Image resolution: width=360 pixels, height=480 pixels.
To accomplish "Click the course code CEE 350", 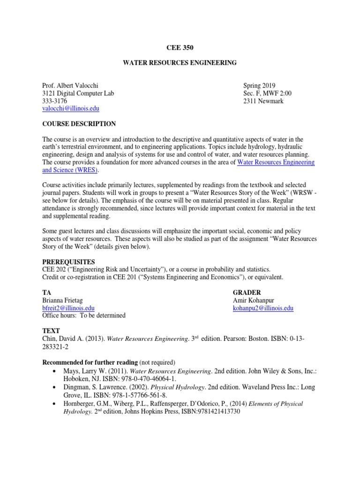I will point(180,47).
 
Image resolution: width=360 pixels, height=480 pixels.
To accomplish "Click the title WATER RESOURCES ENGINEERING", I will point(180,63).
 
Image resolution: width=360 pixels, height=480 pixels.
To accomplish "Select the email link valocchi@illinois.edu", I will point(71,108).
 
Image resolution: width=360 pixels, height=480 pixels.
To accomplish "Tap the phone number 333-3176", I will point(55,101).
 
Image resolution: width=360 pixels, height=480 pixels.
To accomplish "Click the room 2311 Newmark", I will point(263,101).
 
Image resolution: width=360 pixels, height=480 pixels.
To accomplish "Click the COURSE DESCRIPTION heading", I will point(79,124).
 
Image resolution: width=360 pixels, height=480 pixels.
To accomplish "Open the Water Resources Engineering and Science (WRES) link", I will point(276,162).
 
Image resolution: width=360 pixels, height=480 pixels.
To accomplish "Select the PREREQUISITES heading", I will point(68,262).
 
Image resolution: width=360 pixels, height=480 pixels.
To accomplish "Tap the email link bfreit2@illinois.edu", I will point(68,308).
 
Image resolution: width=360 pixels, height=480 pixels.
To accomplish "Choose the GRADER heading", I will point(247,292).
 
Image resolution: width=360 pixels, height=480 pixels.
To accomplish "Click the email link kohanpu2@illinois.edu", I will point(263,308).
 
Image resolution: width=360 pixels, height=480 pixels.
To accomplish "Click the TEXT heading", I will point(51,331).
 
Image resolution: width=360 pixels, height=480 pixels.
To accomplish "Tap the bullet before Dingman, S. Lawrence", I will point(55,387).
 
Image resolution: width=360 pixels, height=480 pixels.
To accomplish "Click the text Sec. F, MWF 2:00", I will point(267,93).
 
